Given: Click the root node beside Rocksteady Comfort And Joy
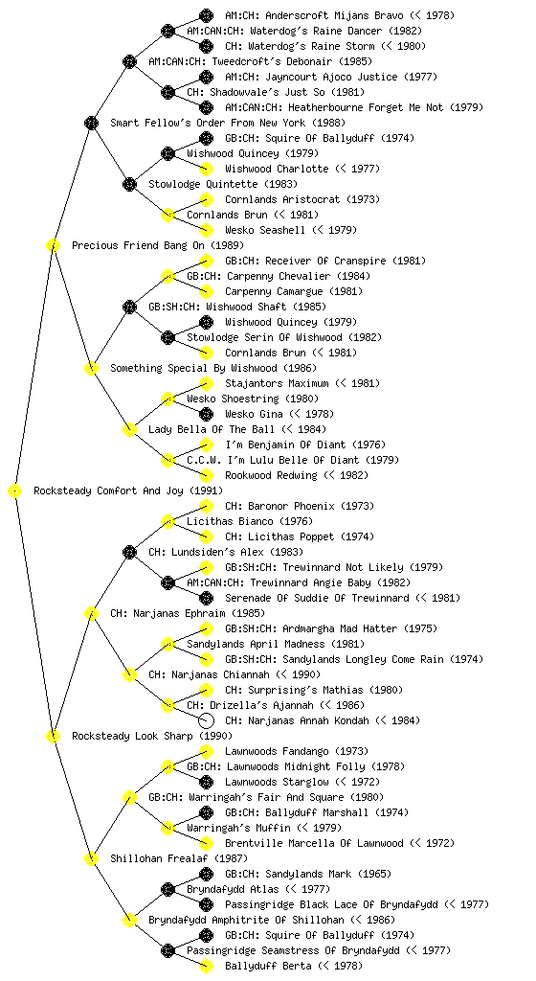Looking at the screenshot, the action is point(15,491).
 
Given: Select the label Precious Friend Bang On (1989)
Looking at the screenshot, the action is point(158,246).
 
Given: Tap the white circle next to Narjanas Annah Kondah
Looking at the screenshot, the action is point(206,720).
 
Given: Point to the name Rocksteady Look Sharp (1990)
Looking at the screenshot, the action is point(152,737).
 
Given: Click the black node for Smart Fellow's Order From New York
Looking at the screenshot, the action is point(91,124).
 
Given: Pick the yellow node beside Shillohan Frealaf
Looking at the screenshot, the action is point(91,859).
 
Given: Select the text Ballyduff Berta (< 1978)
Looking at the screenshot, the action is point(294,966).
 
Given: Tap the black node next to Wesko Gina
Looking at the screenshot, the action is point(206,414).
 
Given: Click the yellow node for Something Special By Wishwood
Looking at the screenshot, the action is point(91,369).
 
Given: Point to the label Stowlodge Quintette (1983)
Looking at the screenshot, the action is point(223,185).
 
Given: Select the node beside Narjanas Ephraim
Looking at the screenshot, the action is point(91,614).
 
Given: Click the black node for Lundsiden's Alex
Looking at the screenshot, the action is point(129,553).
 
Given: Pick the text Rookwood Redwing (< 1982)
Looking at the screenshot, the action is point(297,475).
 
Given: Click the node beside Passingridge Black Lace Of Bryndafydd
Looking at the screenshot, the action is point(206,904).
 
